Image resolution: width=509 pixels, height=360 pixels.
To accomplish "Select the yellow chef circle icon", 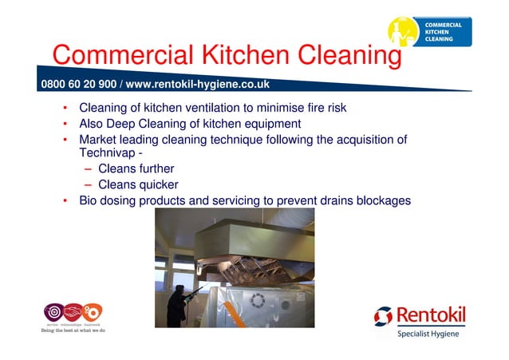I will pos(403,33).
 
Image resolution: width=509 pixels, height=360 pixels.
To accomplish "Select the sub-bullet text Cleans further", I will pos(136,168).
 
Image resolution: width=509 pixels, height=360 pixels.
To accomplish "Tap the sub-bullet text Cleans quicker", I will pos(138,184).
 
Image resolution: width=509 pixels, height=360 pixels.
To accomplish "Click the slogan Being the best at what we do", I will pos(73,330).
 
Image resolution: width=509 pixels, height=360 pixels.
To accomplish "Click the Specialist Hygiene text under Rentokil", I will pos(428,334).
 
